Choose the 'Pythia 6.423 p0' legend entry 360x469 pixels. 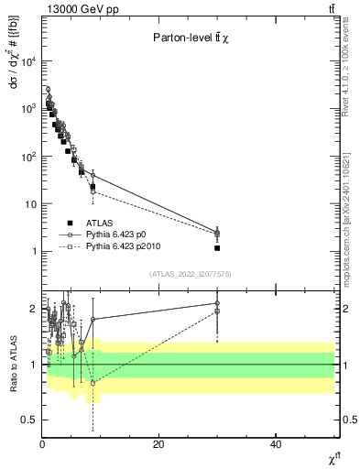(x=119, y=234)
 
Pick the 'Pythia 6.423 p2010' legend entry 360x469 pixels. (x=125, y=246)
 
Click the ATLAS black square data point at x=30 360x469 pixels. (x=217, y=248)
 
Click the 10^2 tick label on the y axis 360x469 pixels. (x=27, y=157)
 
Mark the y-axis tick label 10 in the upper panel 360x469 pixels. (x=31, y=204)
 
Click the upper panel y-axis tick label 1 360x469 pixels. (x=34, y=252)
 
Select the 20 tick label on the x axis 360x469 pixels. (x=158, y=444)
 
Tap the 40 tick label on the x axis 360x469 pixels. (x=275, y=444)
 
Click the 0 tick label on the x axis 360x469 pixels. (x=42, y=444)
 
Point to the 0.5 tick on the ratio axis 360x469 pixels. (x=29, y=420)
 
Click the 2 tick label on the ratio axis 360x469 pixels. (x=34, y=309)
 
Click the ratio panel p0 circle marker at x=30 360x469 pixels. (x=217, y=303)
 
